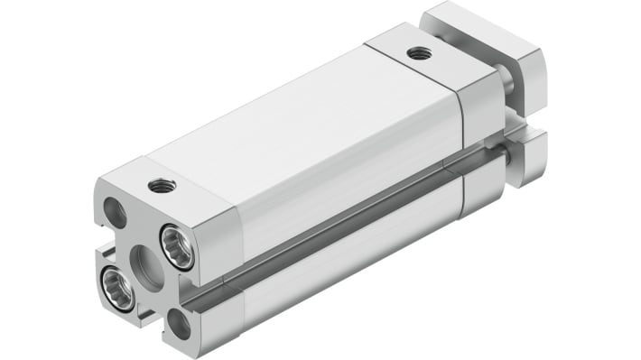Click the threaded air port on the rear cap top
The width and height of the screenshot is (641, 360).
(417, 53)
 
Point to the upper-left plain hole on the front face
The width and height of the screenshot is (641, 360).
(115, 213)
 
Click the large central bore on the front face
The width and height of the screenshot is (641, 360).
(147, 268)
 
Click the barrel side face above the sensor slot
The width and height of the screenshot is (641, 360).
(352, 180)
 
